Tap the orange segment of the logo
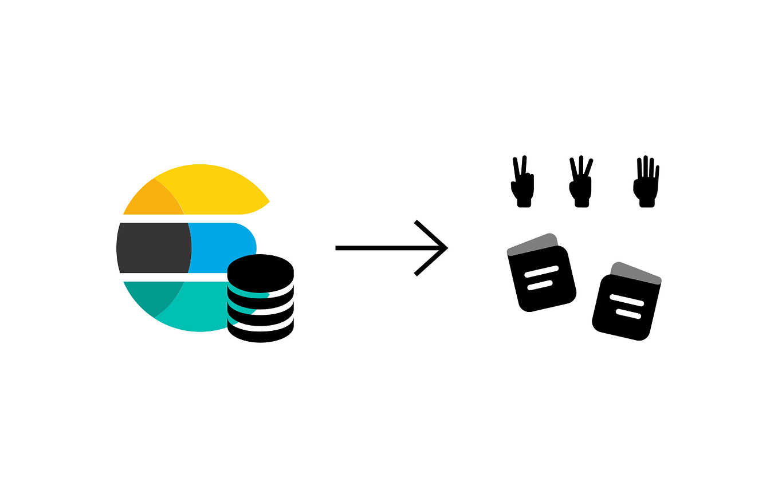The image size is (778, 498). click(x=154, y=200)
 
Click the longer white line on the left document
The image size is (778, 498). click(x=541, y=271)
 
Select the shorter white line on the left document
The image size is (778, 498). click(x=540, y=285)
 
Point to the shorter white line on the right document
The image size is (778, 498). click(x=628, y=314)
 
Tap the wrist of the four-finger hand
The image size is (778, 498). click(x=646, y=203)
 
